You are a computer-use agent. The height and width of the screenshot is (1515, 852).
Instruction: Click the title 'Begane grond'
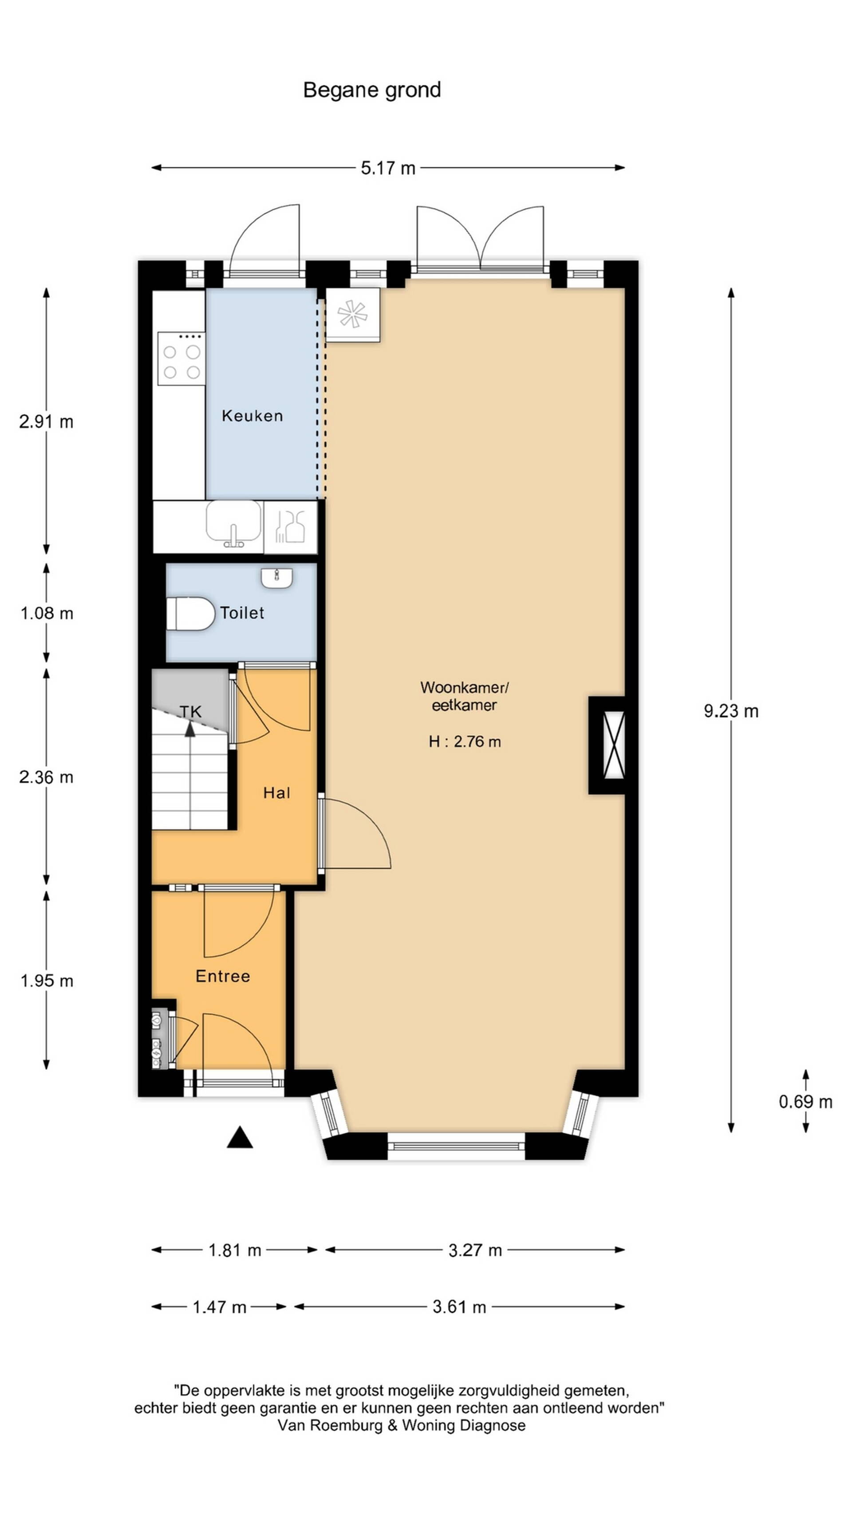point(371,90)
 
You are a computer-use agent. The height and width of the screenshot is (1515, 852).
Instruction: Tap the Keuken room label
point(252,416)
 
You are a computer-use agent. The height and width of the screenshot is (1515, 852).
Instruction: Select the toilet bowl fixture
point(190,613)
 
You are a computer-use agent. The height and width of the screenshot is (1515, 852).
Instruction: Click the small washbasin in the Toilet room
point(276,578)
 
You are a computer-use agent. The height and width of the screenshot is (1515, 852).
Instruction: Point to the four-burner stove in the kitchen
point(181,358)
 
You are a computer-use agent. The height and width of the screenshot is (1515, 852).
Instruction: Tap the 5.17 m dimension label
point(388,168)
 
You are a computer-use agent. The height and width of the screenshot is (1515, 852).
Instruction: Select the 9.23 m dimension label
point(731,711)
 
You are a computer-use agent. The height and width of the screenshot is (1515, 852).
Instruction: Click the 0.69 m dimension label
point(805,1102)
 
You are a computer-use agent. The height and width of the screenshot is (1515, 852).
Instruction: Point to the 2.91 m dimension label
point(47,422)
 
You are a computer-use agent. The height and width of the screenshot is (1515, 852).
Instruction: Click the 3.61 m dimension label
point(459,1307)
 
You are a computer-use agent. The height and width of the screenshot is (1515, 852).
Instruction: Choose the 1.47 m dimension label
point(219,1307)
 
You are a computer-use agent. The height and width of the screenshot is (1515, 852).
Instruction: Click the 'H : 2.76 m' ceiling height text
point(465,742)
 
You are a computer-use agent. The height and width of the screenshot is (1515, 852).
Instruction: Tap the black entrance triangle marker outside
point(240,1137)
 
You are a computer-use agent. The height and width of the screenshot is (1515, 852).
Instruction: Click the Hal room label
point(276,793)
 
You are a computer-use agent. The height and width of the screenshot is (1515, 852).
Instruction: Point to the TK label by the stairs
point(190,712)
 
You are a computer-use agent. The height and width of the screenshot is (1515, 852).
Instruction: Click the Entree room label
point(223,976)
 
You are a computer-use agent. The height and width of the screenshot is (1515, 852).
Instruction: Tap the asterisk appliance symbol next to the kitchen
point(352,314)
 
